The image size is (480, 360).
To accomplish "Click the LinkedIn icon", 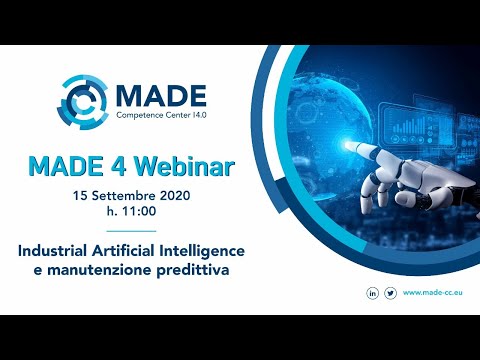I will click(372, 292).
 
